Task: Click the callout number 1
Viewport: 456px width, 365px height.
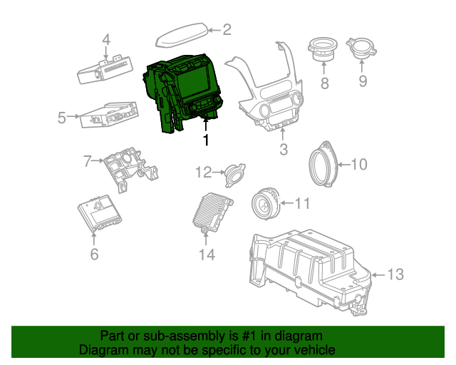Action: tap(207, 140)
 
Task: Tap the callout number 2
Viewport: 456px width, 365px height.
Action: tap(227, 30)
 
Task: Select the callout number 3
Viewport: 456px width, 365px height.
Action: tap(284, 150)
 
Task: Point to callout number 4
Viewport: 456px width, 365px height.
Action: tap(106, 40)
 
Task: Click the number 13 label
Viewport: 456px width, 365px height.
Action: tap(395, 274)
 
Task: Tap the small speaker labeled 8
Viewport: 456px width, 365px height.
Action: tap(323, 51)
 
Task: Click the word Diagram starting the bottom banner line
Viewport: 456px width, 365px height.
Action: tap(102, 351)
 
